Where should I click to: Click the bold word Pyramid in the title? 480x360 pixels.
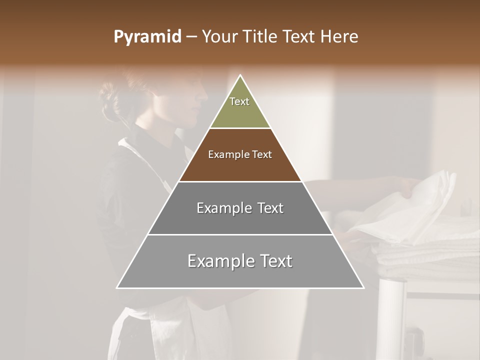coord(147,37)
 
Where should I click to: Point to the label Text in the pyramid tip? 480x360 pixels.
coord(239,101)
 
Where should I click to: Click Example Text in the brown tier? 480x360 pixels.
coord(240,154)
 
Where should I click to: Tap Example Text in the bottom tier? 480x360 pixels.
coord(240,261)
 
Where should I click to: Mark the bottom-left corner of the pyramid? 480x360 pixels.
coord(117,287)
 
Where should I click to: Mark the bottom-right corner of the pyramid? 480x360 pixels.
coord(363,287)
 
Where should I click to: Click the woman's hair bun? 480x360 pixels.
coord(111,102)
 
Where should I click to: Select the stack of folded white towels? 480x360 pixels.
coord(430,255)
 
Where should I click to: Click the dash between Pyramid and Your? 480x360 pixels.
coord(191,37)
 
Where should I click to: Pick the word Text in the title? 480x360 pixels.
coord(299,37)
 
